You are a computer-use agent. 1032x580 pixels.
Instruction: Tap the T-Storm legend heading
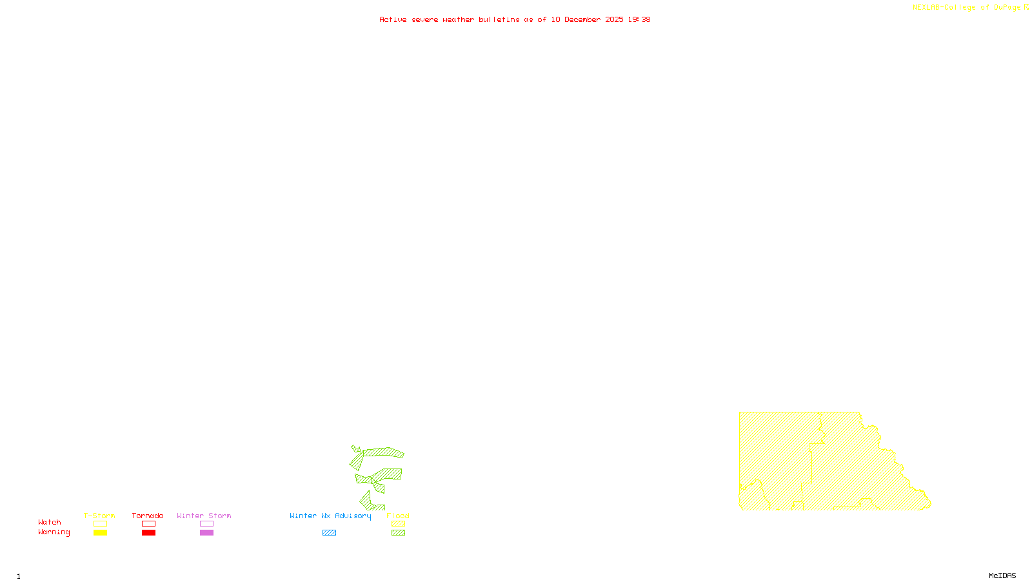point(99,516)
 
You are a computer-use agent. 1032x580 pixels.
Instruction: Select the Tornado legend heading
point(148,516)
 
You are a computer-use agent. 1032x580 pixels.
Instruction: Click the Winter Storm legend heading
point(204,516)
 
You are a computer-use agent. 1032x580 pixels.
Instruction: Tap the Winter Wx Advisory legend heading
point(330,516)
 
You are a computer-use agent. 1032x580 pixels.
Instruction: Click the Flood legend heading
point(398,516)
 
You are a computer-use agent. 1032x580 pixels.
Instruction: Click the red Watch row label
point(50,522)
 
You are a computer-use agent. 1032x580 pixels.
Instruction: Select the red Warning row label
point(54,532)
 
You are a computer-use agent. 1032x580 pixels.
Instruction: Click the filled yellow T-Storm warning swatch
point(100,533)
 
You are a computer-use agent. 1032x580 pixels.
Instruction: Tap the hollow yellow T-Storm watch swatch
point(100,524)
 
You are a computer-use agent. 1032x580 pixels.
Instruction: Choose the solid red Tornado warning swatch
point(149,533)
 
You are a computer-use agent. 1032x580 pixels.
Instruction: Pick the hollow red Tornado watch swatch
point(149,524)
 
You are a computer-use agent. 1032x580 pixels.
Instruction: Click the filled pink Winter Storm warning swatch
point(206,533)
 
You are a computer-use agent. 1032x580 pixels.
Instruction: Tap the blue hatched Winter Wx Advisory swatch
point(329,533)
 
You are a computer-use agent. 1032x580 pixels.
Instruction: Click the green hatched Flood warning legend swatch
point(399,533)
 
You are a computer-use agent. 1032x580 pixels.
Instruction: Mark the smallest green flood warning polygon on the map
point(355,449)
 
